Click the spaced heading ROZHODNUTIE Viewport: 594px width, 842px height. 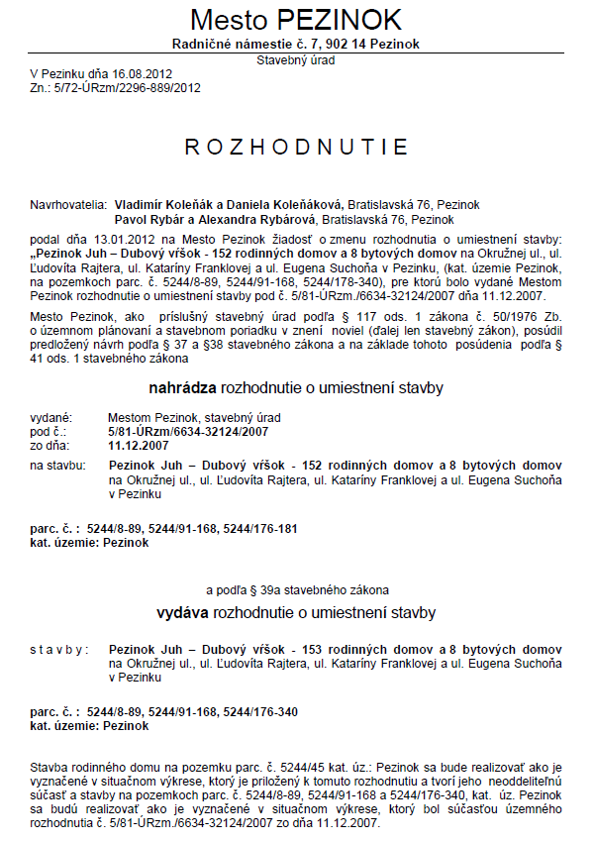[x=296, y=148]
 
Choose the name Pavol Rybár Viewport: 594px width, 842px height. [x=149, y=218]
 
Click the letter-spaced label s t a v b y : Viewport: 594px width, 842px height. [x=59, y=649]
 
